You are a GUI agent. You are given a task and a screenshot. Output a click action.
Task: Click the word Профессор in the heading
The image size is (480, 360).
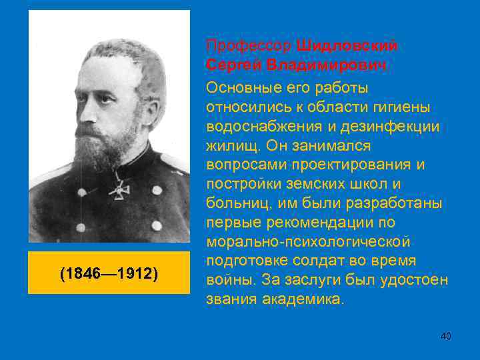point(249,45)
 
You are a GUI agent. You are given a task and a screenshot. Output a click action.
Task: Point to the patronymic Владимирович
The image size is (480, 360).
point(326,65)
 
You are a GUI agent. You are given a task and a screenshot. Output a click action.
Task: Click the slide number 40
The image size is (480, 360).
point(446,337)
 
